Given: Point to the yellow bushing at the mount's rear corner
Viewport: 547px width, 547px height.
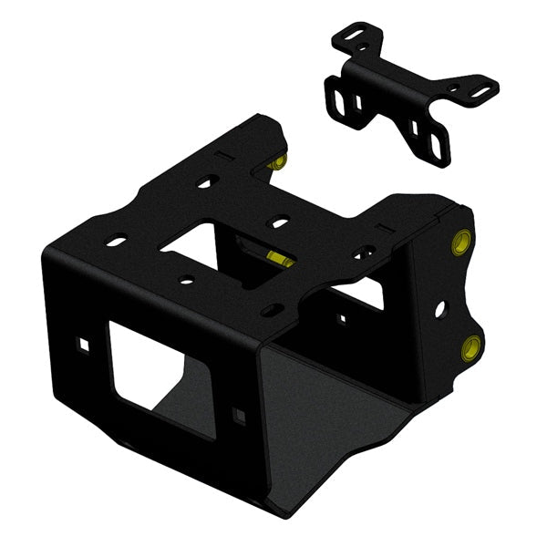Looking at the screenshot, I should point(281,161).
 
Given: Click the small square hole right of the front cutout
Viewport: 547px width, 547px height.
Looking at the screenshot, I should point(241,416).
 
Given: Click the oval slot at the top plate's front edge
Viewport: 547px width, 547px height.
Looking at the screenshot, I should point(270,312).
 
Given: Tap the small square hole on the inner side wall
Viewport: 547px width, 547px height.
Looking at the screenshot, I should point(343,319).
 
